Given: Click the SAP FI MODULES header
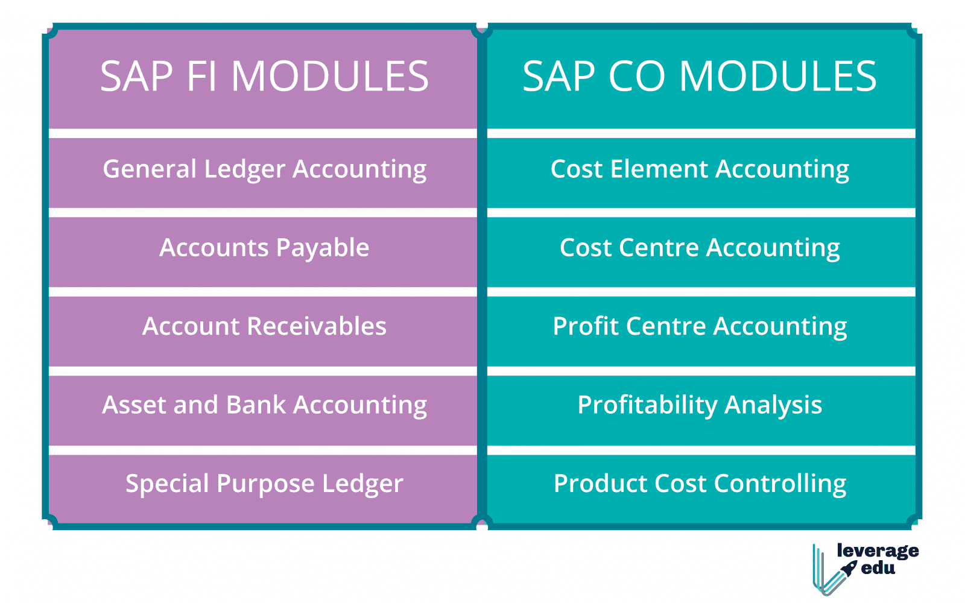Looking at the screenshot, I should click(x=264, y=77).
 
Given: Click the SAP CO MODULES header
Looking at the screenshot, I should click(x=700, y=77).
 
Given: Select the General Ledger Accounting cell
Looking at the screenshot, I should click(x=264, y=170).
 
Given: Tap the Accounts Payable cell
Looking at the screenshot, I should click(x=264, y=248).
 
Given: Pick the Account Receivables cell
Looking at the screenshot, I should click(x=264, y=327).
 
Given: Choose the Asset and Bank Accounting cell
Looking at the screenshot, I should click(x=264, y=405).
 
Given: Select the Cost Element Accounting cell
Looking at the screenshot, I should click(x=700, y=170).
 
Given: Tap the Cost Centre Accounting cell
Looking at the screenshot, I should click(x=700, y=248).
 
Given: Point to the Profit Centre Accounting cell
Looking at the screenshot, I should click(x=700, y=327).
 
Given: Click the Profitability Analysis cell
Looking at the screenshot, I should click(x=700, y=405).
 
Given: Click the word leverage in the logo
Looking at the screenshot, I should click(x=878, y=551).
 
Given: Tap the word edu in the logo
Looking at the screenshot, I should click(x=878, y=568).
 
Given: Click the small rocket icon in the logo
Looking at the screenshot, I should click(x=849, y=568).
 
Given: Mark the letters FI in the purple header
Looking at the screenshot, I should click(x=202, y=77).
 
